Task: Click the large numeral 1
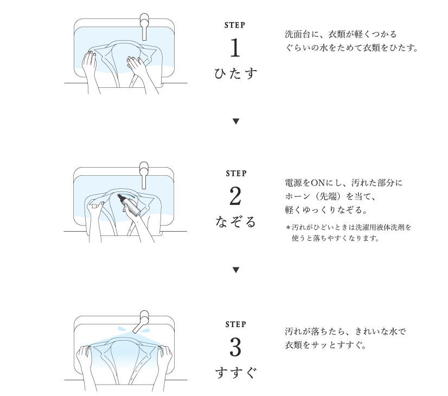pyautogui.click(x=235, y=48)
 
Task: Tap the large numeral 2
pyautogui.click(x=235, y=196)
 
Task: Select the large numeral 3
pyautogui.click(x=235, y=347)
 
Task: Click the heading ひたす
pyautogui.click(x=235, y=73)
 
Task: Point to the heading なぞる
pyautogui.click(x=235, y=222)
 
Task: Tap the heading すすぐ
pyautogui.click(x=235, y=373)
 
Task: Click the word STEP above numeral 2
pyautogui.click(x=236, y=174)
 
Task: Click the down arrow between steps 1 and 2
pyautogui.click(x=236, y=122)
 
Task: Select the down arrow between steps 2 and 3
pyautogui.click(x=236, y=270)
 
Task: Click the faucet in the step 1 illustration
pyautogui.click(x=144, y=26)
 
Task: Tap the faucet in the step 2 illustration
pyautogui.click(x=144, y=175)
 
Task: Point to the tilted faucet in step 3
pyautogui.click(x=142, y=322)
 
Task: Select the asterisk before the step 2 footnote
pyautogui.click(x=288, y=228)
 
